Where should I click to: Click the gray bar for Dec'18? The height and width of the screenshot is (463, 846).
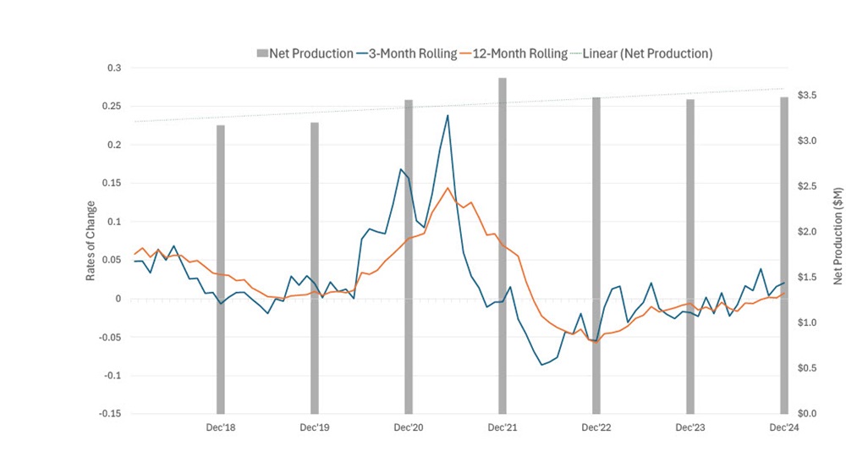221,269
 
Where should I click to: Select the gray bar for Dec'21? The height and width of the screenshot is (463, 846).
502,245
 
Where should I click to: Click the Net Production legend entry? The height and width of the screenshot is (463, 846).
305,53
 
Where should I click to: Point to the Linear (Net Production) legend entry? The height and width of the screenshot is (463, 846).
642,53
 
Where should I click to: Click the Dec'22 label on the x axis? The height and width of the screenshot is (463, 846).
596,428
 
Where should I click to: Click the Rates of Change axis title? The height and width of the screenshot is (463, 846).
91,241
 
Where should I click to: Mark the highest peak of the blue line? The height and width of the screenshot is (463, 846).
448,115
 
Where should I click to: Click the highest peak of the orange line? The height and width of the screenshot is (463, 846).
448,188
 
